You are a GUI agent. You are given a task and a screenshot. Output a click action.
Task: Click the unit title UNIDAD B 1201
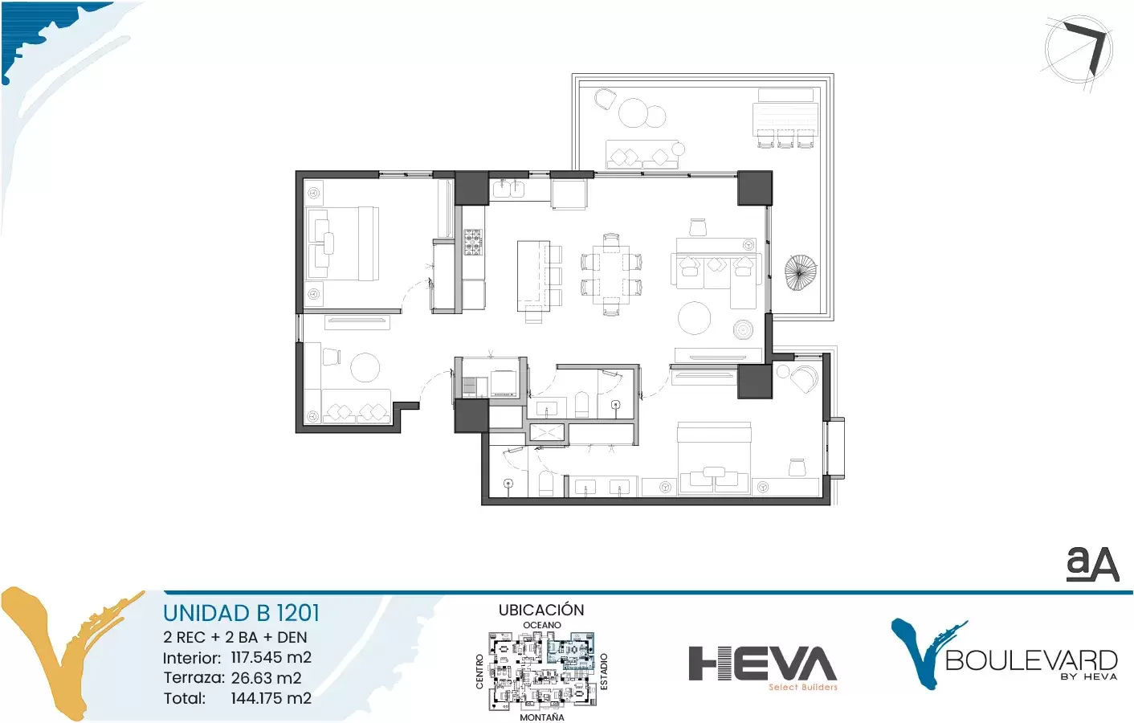coord(241,613)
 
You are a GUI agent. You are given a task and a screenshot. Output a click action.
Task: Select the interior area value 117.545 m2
coord(271,657)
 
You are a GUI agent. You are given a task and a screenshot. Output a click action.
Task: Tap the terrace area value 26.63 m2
coord(267,677)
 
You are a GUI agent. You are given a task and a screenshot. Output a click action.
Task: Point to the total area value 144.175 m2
coord(271,698)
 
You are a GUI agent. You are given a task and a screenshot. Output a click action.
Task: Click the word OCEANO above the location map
coord(541,625)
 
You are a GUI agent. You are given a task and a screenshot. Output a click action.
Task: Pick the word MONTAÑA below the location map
coord(541,717)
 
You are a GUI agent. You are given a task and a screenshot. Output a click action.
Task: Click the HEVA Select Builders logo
coord(763,668)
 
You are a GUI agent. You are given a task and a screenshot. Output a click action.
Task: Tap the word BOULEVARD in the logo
coord(1031,660)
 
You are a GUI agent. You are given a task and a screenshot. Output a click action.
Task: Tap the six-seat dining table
coord(611,274)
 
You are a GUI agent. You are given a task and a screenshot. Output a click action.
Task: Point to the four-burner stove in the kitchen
coord(473,242)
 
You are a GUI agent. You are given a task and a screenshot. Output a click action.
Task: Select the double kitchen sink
coord(509,189)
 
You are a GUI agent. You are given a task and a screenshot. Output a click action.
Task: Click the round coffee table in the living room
coord(694,318)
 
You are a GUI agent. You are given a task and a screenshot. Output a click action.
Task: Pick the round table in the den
coord(365,366)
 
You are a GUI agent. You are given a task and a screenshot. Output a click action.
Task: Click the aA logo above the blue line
coord(1092,565)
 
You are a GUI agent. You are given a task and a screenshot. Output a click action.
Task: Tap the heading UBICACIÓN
coord(541,610)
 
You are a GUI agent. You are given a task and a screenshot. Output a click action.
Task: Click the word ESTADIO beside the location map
coord(603,672)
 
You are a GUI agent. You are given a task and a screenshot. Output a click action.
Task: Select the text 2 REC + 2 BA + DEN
coord(235,637)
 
